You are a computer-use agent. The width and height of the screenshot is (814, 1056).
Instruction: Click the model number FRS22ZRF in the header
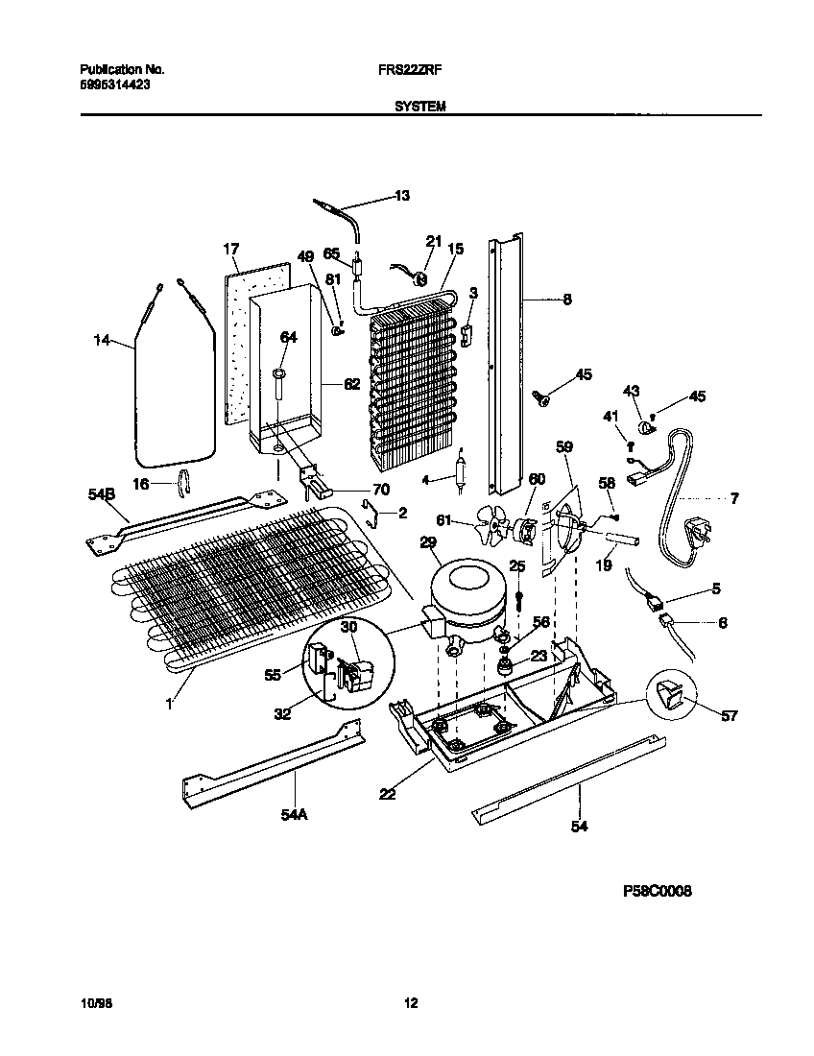(x=416, y=70)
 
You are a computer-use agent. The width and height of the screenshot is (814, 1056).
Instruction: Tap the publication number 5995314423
(x=113, y=84)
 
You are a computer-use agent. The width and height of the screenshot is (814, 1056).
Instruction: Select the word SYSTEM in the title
(x=419, y=108)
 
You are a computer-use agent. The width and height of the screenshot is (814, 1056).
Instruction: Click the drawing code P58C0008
(x=658, y=891)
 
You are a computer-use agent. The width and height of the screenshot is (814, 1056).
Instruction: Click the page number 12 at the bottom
(x=411, y=1004)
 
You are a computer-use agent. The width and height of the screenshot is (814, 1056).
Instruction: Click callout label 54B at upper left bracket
(x=101, y=493)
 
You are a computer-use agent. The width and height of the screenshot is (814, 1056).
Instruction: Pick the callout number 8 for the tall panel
(x=566, y=299)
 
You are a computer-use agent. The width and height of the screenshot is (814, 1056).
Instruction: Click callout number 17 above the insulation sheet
(x=230, y=250)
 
